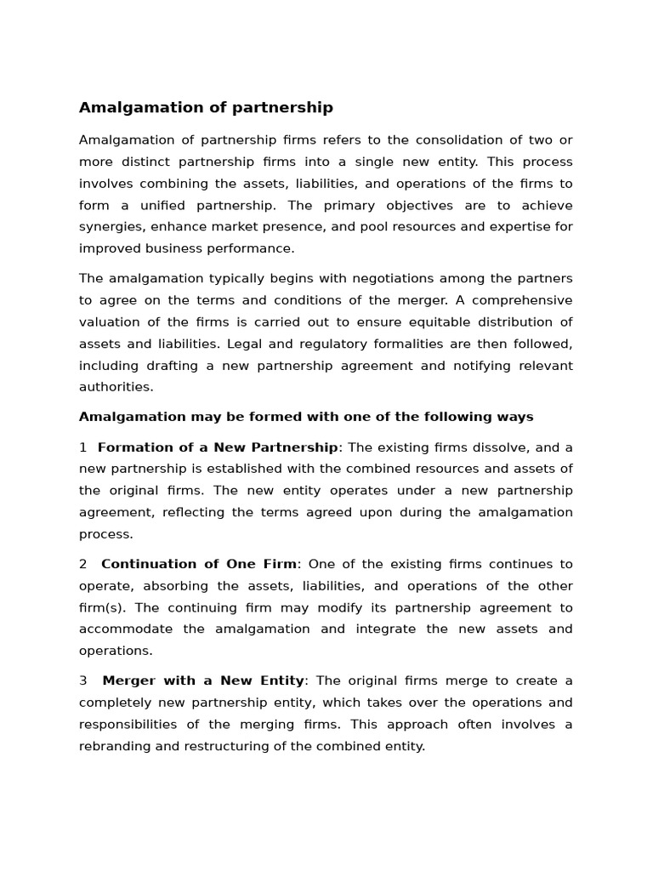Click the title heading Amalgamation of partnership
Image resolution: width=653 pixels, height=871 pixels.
tap(206, 107)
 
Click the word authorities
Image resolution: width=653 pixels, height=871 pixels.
tap(116, 387)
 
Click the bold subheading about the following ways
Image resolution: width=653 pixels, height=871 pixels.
tap(306, 417)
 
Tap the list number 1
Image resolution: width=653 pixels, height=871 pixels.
tap(82, 447)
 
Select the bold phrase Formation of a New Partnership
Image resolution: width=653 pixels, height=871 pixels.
tap(218, 447)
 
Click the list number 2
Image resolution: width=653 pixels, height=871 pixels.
tap(83, 564)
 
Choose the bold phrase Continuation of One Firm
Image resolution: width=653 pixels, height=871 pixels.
tap(199, 564)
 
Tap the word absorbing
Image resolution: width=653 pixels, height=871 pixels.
tap(175, 586)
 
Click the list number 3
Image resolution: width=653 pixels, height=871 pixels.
tap(83, 680)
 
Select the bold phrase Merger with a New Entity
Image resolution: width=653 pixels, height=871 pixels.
tap(203, 680)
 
